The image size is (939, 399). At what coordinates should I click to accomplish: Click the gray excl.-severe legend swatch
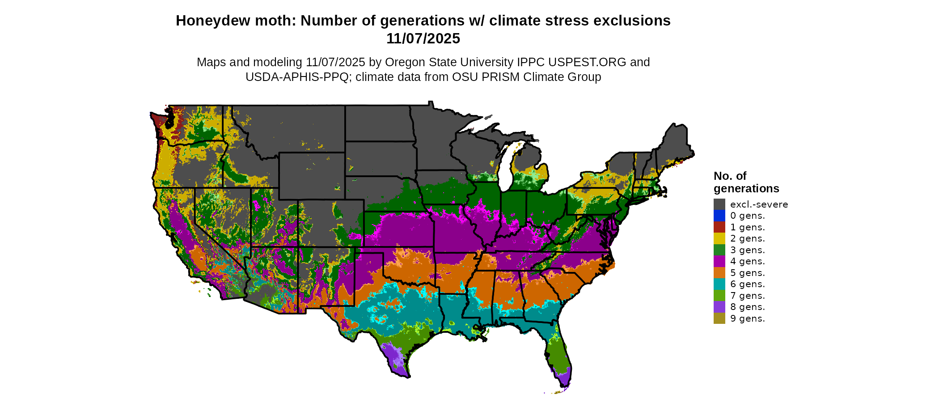coord(719,204)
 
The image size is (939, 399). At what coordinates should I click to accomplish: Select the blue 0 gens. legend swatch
coord(719,216)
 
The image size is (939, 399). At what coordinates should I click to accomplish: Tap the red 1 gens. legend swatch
coord(719,227)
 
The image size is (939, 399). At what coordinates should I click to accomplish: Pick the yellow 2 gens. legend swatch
coord(719,238)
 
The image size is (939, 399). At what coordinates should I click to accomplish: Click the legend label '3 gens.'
coord(747,250)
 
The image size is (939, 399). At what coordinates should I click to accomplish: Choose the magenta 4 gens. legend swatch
coord(719,261)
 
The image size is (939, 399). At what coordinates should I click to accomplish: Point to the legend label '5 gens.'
coord(747,273)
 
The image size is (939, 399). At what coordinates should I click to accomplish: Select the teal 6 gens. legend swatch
coord(719,284)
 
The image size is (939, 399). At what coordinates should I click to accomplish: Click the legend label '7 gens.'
coord(747,296)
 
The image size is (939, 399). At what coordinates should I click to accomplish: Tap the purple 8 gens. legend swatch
coord(719,307)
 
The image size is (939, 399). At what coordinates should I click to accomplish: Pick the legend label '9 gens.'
coord(747,318)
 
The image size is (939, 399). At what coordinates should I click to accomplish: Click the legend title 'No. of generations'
coord(746,182)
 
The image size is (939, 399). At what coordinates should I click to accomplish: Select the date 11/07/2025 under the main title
coord(423,38)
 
